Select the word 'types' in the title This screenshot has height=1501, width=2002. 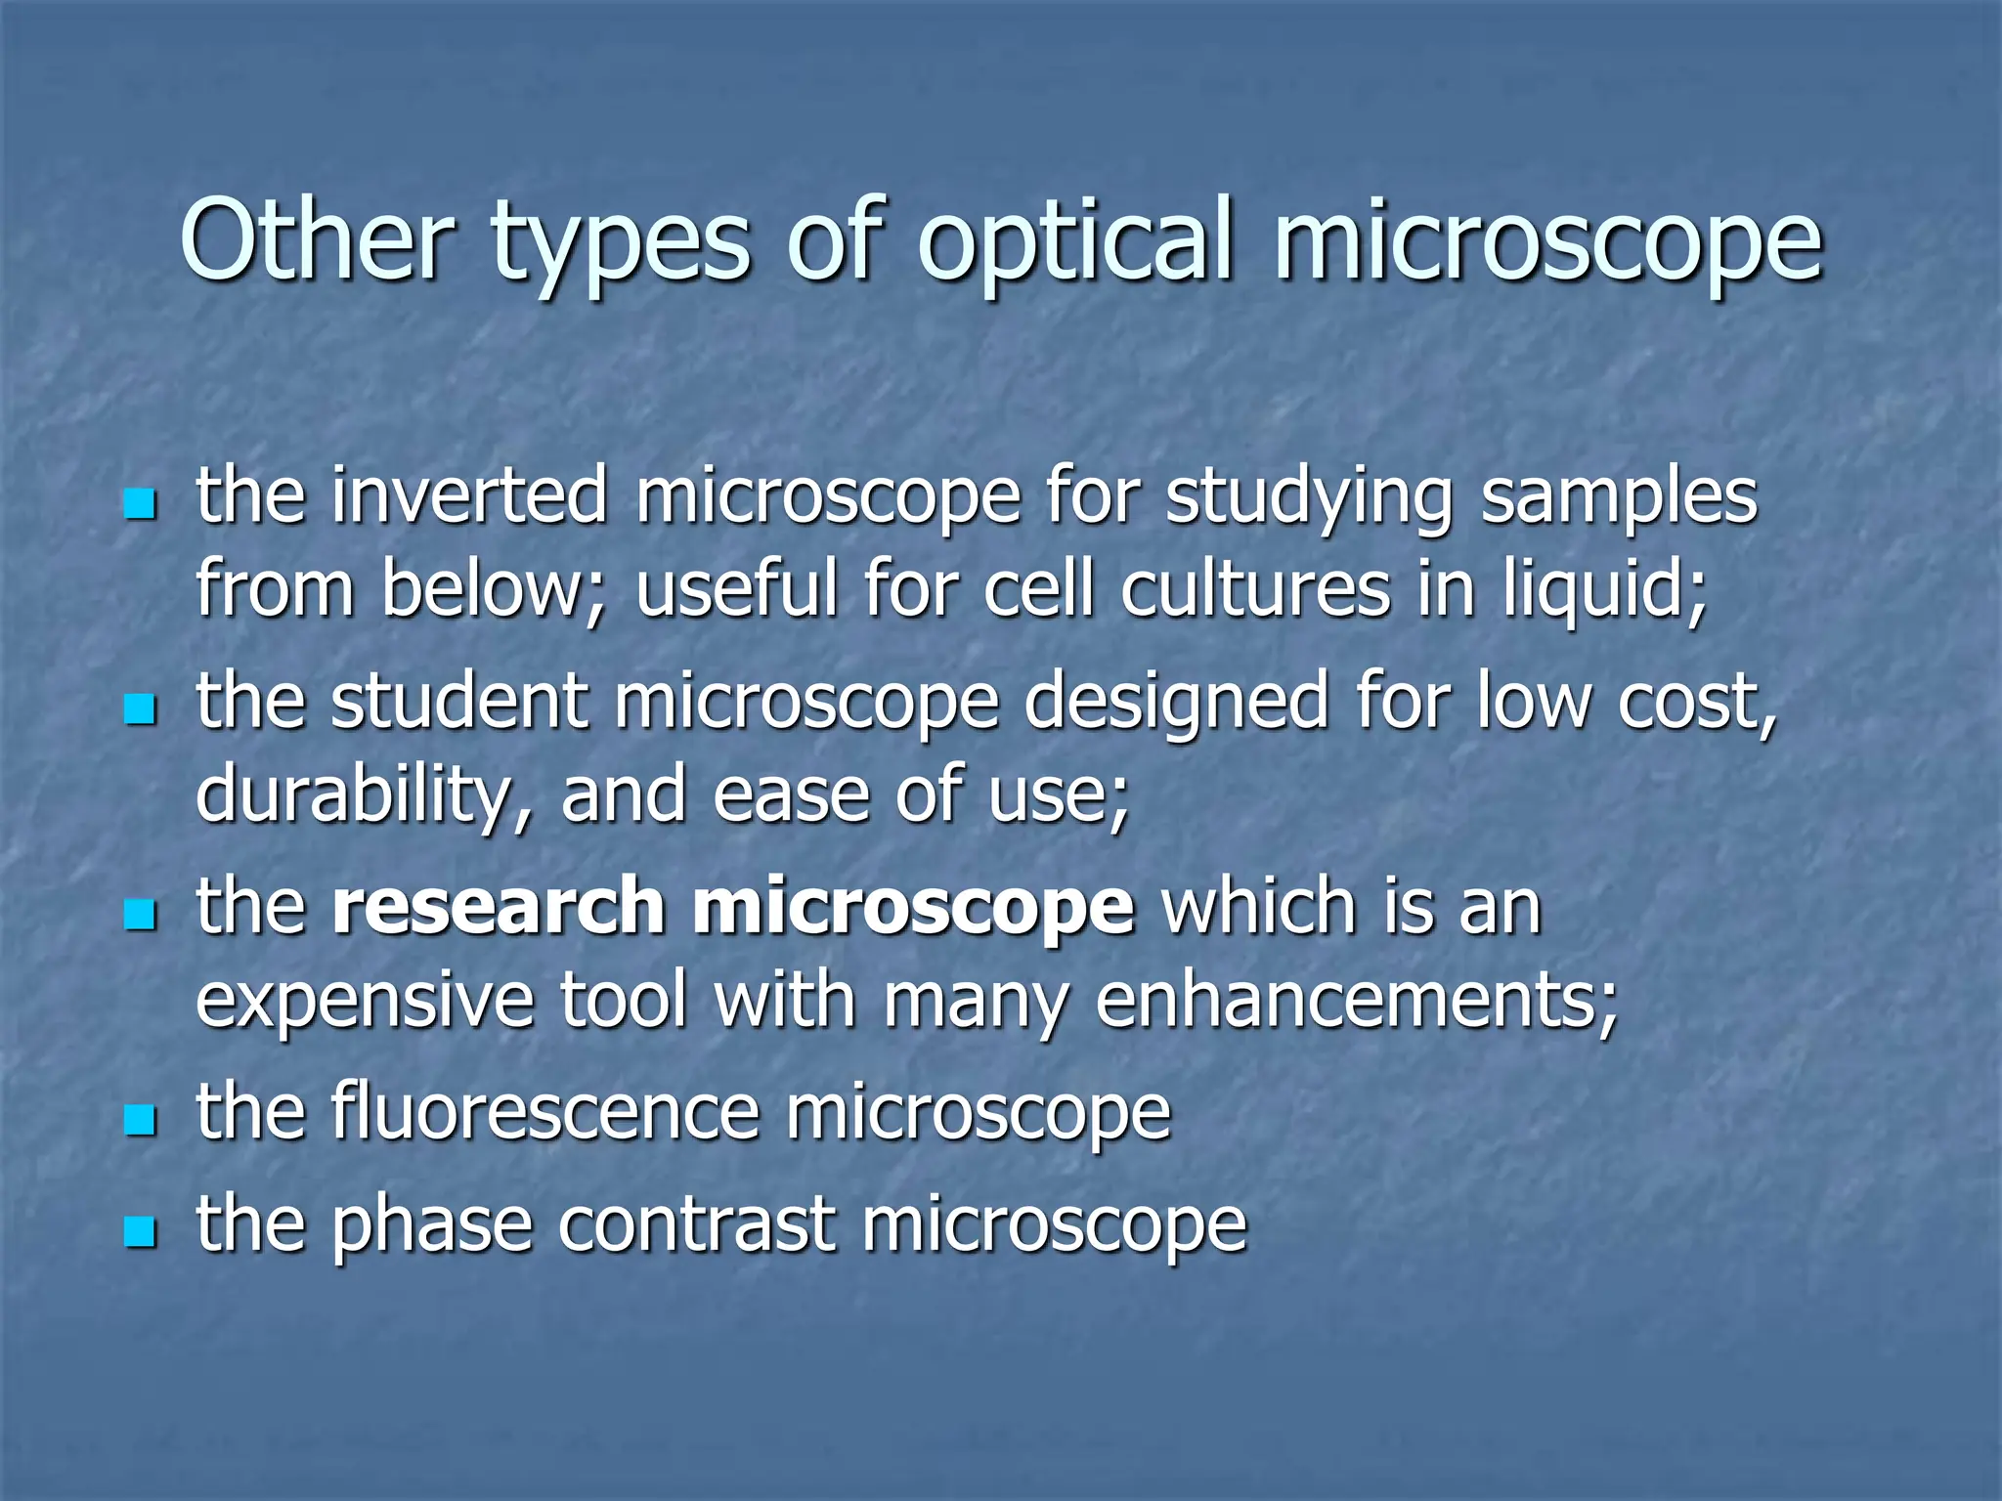pyautogui.click(x=620, y=244)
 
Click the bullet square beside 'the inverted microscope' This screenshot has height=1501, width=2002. pyautogui.click(x=141, y=505)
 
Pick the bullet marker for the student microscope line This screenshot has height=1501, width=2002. pyautogui.click(x=141, y=710)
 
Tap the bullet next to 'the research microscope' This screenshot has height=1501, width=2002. pyautogui.click(x=141, y=916)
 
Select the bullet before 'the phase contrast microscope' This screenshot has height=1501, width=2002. pyautogui.click(x=141, y=1232)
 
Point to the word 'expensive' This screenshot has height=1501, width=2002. pyautogui.click(x=364, y=1002)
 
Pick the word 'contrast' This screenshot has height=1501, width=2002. pyautogui.click(x=697, y=1224)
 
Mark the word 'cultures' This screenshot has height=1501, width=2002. pyautogui.click(x=1255, y=589)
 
